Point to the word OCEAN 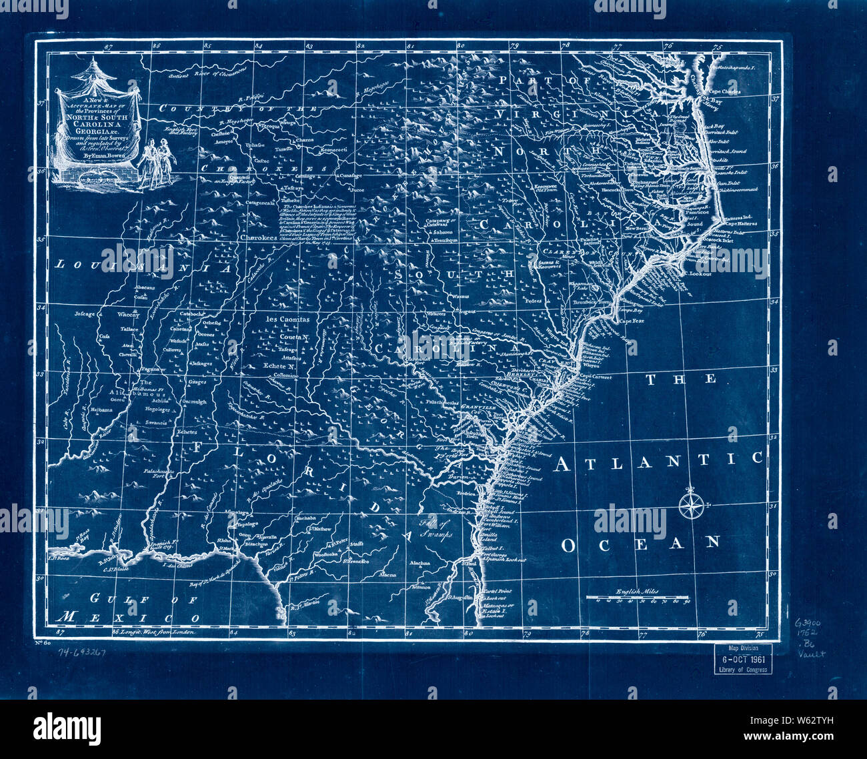(641, 544)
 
